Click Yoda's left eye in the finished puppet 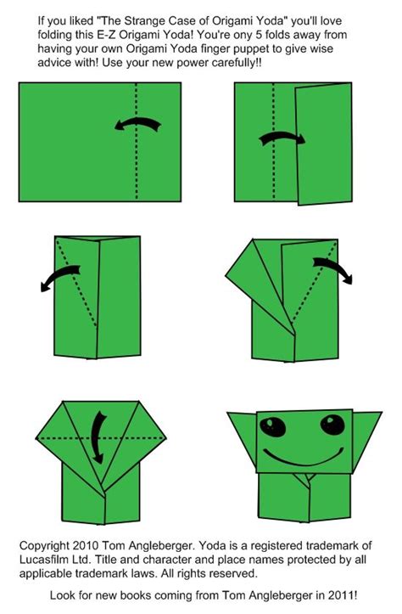(x=272, y=427)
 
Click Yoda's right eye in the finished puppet (x=332, y=425)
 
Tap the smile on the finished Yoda (x=303, y=458)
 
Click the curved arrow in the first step (x=137, y=124)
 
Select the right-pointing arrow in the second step (x=282, y=138)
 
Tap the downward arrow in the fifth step (x=98, y=437)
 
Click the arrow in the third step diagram (x=59, y=277)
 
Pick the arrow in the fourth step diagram (x=333, y=268)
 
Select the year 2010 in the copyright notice (x=86, y=545)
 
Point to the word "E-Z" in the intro (x=105, y=35)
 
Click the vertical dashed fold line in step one (x=136, y=142)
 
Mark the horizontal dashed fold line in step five (x=101, y=438)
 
